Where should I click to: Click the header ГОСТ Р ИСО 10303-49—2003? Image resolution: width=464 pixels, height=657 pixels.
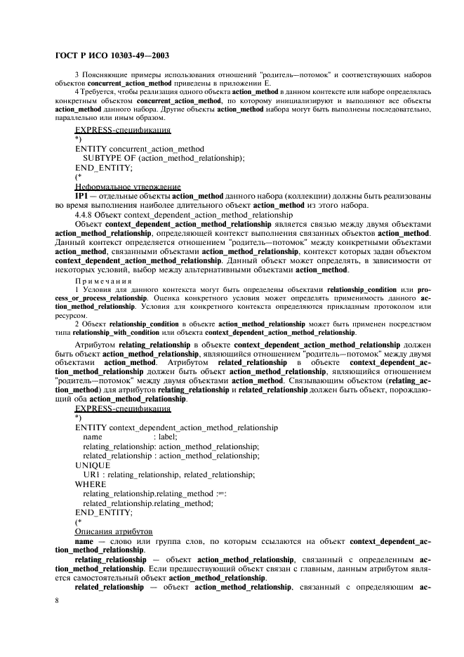(111, 55)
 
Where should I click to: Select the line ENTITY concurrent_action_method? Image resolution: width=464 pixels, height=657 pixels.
(139, 149)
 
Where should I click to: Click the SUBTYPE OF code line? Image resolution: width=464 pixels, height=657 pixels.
(164, 159)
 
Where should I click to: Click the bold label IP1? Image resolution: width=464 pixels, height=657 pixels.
(81, 195)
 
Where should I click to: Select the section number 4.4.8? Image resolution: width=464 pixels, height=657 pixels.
(85, 214)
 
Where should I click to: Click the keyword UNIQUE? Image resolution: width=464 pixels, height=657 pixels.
(92, 465)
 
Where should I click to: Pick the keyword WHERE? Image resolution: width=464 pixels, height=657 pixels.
(91, 484)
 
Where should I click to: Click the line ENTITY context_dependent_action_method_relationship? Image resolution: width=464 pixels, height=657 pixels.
(175, 427)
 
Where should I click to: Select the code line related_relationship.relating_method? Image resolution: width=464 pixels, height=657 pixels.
(147, 503)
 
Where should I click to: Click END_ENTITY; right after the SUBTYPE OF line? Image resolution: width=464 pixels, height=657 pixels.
(103, 168)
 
